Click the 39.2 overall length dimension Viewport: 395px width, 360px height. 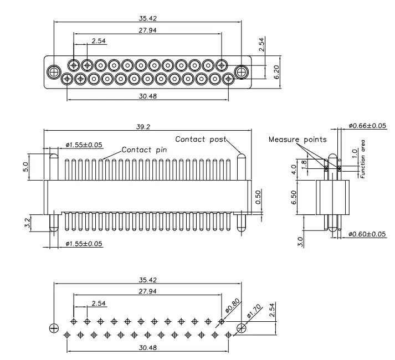point(143,126)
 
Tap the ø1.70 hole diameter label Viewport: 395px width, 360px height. point(250,316)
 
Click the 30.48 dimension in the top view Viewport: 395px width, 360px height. point(147,95)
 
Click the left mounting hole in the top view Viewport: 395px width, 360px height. point(53,72)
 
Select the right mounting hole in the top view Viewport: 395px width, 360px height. point(242,72)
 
